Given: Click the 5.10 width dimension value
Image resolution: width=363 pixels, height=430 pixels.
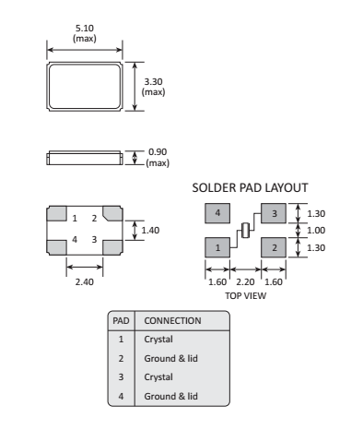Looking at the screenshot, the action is (x=85, y=29).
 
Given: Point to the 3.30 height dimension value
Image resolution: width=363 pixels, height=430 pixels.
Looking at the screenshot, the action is (x=153, y=82).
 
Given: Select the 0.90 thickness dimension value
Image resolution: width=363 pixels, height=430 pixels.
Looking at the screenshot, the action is (x=158, y=152).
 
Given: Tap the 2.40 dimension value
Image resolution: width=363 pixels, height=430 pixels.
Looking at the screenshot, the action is (x=85, y=281).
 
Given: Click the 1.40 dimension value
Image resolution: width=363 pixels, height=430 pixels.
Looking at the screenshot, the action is (x=150, y=230).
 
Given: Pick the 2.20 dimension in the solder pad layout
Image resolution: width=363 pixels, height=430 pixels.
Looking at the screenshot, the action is (x=245, y=281).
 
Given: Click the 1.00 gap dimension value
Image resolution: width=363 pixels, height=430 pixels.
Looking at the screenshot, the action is (x=316, y=230).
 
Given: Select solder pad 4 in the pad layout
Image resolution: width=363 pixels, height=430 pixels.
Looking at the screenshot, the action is (x=217, y=213).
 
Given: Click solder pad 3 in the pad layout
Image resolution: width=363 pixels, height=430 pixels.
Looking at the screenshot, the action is (x=274, y=213).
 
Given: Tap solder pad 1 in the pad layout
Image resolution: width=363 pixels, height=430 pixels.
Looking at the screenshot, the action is (x=217, y=247).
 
